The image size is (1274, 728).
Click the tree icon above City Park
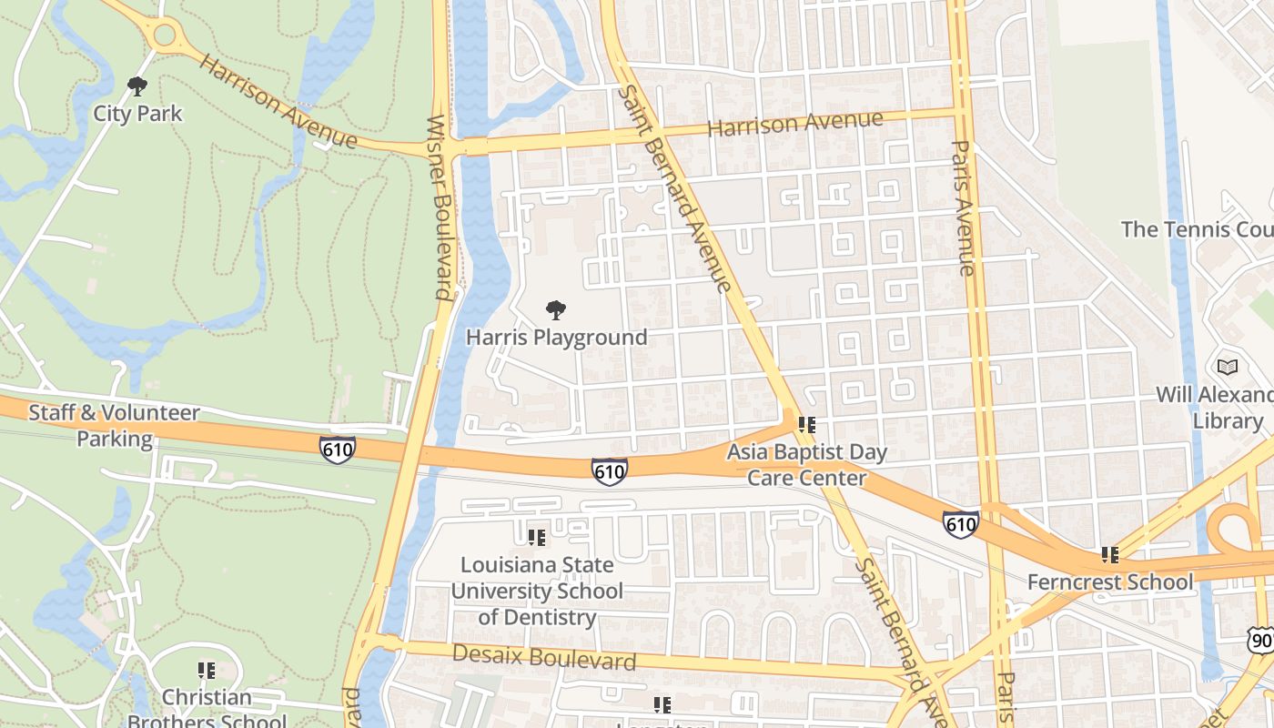pyautogui.click(x=137, y=86)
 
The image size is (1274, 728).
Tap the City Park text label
pyautogui.click(x=137, y=114)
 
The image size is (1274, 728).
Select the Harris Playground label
pyautogui.click(x=556, y=338)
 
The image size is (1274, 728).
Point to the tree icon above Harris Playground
pyautogui.click(x=556, y=310)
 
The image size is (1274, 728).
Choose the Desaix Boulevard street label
pyautogui.click(x=543, y=656)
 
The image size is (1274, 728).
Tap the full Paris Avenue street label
pyautogui.click(x=964, y=207)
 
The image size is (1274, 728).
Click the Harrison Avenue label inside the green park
pyautogui.click(x=278, y=101)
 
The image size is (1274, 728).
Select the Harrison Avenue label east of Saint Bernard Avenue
pyautogui.click(x=794, y=123)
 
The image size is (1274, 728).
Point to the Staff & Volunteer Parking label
pyautogui.click(x=115, y=425)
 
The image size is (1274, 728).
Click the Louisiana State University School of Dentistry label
pyautogui.click(x=537, y=591)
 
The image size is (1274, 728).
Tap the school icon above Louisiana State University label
pyautogui.click(x=537, y=538)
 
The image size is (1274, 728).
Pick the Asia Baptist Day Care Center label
pyautogui.click(x=806, y=464)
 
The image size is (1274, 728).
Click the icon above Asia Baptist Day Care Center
pyautogui.click(x=806, y=425)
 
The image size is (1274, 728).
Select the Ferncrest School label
pyautogui.click(x=1109, y=581)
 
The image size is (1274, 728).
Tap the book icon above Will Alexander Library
pyautogui.click(x=1228, y=367)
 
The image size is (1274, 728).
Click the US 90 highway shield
pyautogui.click(x=1261, y=641)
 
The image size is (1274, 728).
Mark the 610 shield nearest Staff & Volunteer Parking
pyautogui.click(x=337, y=450)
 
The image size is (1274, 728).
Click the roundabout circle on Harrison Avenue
pyautogui.click(x=165, y=36)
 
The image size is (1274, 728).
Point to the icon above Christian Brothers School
pyautogui.click(x=207, y=671)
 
